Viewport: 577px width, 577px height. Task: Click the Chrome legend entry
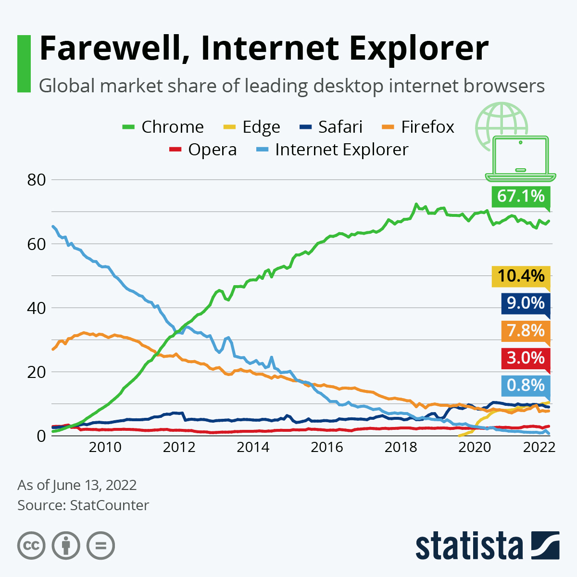[163, 127]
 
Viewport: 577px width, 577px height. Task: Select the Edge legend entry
[252, 127]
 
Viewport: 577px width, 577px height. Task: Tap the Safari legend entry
[331, 127]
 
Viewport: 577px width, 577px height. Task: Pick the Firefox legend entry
[418, 127]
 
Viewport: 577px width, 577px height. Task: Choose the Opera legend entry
[203, 150]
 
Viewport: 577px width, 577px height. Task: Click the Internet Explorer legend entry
[332, 150]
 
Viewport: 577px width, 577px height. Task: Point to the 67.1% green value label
[521, 196]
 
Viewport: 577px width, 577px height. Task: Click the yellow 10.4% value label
[521, 276]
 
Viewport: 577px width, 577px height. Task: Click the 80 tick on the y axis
[36, 180]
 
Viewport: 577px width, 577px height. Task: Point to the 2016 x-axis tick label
[327, 447]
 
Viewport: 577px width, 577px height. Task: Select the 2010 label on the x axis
[105, 447]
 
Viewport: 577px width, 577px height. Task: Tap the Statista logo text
[469, 546]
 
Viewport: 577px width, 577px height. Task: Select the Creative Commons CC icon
[31, 546]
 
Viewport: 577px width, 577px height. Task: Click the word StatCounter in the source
[109, 505]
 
